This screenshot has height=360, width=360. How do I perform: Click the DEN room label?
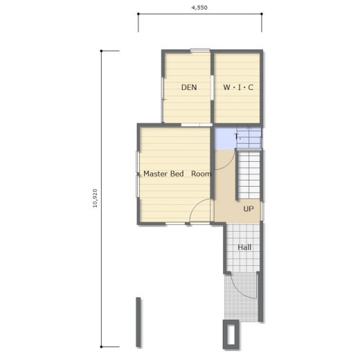click(x=189, y=87)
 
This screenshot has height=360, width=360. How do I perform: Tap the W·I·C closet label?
click(x=238, y=87)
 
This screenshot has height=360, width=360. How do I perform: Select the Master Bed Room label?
click(x=177, y=174)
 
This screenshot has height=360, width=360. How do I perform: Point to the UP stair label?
click(x=249, y=209)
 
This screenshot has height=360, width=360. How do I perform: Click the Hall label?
click(x=244, y=247)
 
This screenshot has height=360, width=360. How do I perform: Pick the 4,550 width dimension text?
click(x=199, y=8)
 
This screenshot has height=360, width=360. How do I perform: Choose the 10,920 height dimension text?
click(x=95, y=198)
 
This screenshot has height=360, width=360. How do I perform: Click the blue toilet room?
click(x=237, y=138)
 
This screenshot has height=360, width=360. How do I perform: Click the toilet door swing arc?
click(x=230, y=165)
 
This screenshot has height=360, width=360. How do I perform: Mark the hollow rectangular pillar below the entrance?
click(x=231, y=334)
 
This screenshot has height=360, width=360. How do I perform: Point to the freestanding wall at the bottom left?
click(x=138, y=322)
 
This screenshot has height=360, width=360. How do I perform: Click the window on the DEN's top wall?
click(x=200, y=51)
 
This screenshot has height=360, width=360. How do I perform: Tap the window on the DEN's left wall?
click(x=163, y=100)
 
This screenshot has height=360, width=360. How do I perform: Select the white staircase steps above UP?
click(x=249, y=175)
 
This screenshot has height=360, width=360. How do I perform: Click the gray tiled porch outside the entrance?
click(x=241, y=298)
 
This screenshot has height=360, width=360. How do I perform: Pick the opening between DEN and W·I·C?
click(x=212, y=87)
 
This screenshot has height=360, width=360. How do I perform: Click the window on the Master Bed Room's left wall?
click(x=138, y=174)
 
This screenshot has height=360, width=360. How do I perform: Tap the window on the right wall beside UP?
click(x=262, y=211)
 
